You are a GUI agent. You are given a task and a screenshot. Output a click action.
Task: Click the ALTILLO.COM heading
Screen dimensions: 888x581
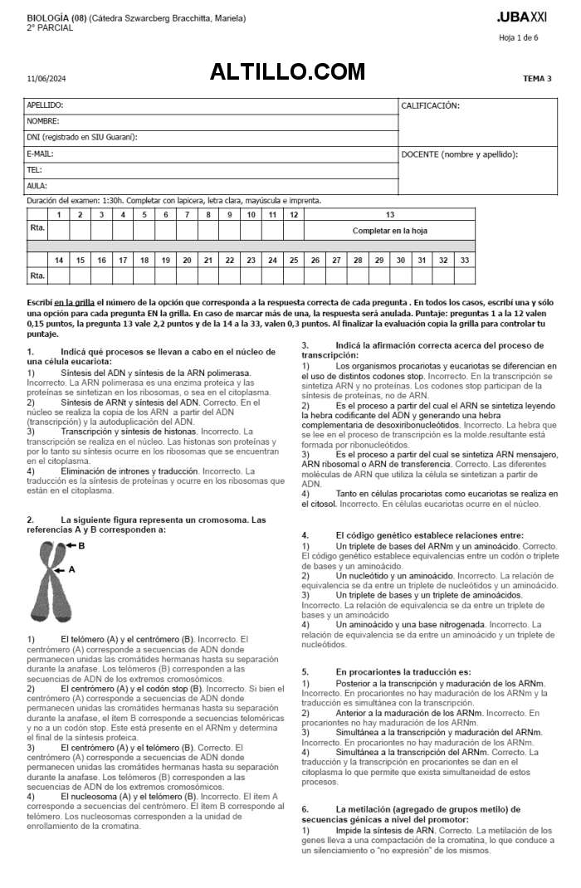click(287, 72)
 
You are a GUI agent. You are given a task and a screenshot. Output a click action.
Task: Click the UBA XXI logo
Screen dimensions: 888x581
click(522, 17)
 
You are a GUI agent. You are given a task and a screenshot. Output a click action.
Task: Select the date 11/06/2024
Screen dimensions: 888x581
click(46, 79)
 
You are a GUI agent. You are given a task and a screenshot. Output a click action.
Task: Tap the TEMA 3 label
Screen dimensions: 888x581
click(537, 79)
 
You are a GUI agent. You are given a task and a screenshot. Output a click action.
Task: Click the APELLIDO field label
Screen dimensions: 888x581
click(45, 105)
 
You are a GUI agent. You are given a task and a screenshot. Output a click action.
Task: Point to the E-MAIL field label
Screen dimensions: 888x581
click(40, 154)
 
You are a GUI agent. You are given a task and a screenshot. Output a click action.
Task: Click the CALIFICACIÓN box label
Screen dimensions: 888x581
click(430, 105)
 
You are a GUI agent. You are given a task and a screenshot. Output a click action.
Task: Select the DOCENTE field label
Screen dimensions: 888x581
click(459, 154)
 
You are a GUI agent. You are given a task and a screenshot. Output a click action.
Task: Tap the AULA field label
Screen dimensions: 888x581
click(37, 186)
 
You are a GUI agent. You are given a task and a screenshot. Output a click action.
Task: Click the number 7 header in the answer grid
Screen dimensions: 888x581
click(187, 214)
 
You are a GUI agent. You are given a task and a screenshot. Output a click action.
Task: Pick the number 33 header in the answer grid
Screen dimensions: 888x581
click(464, 260)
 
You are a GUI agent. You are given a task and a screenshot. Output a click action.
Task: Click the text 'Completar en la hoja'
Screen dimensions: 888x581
click(389, 231)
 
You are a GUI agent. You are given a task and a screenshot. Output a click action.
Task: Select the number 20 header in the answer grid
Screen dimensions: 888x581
click(187, 260)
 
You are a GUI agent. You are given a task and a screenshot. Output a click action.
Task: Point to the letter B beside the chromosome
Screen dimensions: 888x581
click(81, 545)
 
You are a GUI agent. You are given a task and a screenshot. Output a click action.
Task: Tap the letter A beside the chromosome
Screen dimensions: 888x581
click(71, 569)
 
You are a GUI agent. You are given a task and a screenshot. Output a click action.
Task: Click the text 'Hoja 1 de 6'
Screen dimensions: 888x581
click(518, 37)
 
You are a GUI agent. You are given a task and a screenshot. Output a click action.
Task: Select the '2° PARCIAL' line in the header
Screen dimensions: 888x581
click(50, 27)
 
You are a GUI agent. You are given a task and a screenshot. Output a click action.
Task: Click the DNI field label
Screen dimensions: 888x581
click(81, 137)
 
